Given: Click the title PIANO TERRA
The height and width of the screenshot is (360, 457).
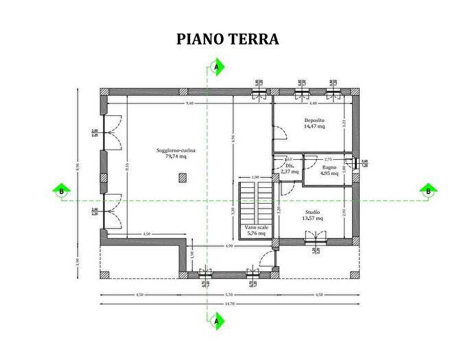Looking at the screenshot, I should (228, 39).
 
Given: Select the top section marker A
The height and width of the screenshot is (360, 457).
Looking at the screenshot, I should (217, 67).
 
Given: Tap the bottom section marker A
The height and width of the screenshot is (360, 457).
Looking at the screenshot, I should (217, 320).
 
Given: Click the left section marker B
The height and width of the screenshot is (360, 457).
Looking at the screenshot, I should (61, 191).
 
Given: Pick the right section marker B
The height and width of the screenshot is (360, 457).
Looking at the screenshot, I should (428, 191).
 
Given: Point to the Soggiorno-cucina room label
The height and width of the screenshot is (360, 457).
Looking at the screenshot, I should (176, 149).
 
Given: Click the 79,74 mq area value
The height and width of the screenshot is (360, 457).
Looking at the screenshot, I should (176, 156).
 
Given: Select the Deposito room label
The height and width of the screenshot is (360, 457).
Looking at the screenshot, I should (314, 120).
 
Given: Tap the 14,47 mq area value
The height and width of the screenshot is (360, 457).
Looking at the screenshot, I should (314, 126).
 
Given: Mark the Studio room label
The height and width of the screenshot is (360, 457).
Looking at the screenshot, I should (312, 213).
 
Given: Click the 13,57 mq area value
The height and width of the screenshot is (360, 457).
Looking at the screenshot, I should (312, 219).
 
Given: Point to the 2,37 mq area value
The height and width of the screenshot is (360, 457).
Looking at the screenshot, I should (290, 171).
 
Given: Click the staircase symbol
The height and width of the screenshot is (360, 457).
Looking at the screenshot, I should (251, 199).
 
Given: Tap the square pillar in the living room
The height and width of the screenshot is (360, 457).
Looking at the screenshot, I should (182, 178).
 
